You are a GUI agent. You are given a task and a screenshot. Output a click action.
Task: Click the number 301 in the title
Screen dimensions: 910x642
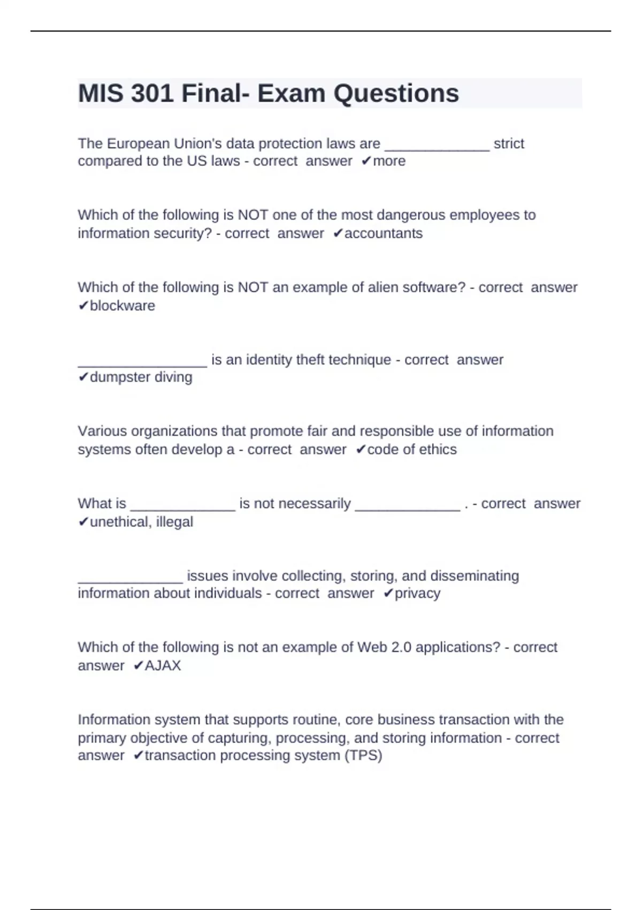point(152,94)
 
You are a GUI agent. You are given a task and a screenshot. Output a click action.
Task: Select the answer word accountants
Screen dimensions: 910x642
point(383,233)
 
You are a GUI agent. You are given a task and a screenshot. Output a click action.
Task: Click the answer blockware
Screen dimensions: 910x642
point(122,306)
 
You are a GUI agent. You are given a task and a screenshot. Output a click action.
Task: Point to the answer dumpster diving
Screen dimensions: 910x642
point(141,377)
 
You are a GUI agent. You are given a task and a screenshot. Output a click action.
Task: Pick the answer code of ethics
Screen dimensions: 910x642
point(412,450)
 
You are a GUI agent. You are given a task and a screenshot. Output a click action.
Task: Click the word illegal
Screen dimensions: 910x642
point(174,522)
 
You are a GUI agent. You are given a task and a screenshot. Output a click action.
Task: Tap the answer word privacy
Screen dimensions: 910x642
point(417,593)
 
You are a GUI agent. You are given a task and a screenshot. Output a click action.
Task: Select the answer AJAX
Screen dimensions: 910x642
point(163,665)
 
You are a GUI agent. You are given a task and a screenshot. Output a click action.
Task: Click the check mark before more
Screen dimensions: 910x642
point(366,161)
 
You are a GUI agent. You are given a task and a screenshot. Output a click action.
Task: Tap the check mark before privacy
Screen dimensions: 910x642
point(388,593)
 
